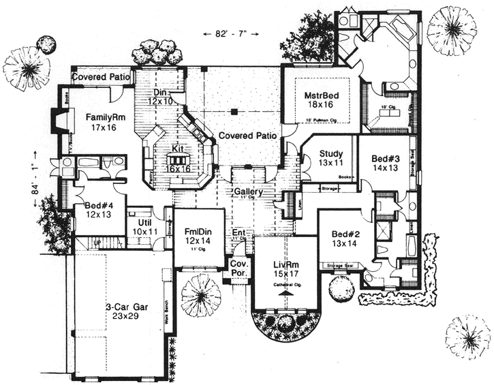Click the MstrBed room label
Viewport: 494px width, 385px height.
[x=322, y=96]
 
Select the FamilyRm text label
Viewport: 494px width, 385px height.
[x=102, y=117]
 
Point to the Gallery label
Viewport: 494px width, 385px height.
[x=248, y=193]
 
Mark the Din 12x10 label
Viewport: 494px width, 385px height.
[x=161, y=97]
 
